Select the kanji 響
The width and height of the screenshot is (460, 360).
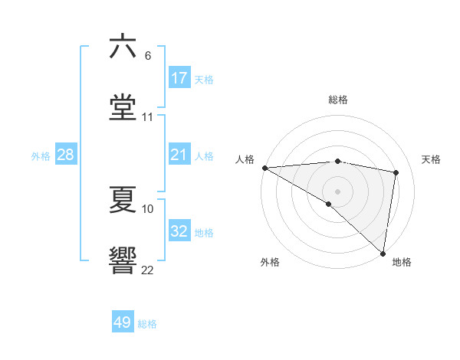pos(123,260)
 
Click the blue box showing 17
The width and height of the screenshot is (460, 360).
pos(179,77)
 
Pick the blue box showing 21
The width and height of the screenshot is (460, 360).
pos(179,155)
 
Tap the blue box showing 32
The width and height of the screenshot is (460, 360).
pos(179,231)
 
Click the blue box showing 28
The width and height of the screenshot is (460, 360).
pos(66,155)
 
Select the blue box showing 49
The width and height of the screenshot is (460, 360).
pos(123,322)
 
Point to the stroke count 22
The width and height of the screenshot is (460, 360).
pos(148,270)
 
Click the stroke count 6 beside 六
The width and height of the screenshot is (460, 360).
pos(148,56)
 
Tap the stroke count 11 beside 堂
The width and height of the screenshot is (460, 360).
pos(148,116)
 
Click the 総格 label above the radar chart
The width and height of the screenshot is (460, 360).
pos(338,100)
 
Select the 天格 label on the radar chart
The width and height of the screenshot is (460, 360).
pos(431,159)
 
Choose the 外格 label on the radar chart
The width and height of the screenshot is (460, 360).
pos(270,262)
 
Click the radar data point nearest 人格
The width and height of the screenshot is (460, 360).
pos(264,168)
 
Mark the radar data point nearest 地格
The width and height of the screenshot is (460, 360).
pos(383,253)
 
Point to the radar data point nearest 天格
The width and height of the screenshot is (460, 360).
pos(396,172)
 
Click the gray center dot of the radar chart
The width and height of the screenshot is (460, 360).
pos(337,191)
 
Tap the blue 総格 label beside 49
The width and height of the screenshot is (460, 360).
pos(147,324)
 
